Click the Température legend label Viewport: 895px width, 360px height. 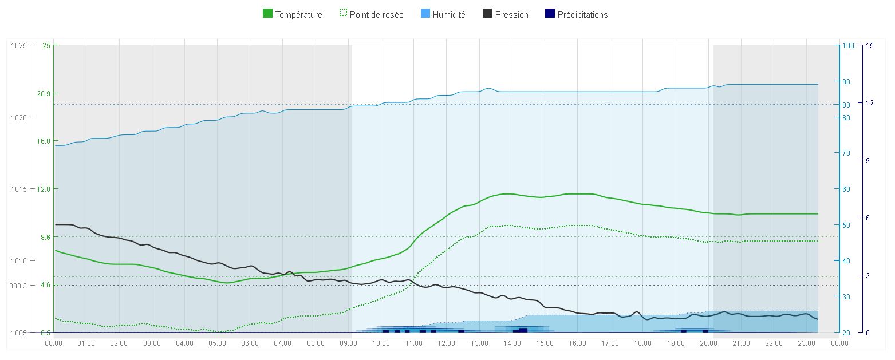click(x=298, y=15)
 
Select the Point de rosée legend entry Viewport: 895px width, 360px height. click(x=376, y=15)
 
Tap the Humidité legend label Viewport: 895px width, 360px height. click(x=449, y=15)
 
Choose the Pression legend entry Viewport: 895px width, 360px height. click(x=511, y=15)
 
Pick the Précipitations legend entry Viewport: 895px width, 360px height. click(x=582, y=15)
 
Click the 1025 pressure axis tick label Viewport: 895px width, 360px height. click(x=19, y=46)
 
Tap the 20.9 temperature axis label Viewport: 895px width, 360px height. click(x=44, y=93)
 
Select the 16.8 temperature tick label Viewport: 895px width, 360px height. click(x=44, y=141)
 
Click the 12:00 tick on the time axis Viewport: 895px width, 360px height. click(x=447, y=343)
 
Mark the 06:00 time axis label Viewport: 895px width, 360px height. click(x=250, y=343)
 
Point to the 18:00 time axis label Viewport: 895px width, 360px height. click(x=643, y=343)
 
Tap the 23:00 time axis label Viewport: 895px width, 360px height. click(x=807, y=343)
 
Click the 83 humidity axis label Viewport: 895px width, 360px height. click(x=846, y=105)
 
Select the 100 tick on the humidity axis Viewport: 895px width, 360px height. click(x=848, y=46)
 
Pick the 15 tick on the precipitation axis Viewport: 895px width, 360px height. click(x=870, y=46)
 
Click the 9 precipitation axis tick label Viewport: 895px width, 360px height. click(x=868, y=160)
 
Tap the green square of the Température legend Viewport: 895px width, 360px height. click(x=267, y=14)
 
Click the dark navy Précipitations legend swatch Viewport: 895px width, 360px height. click(x=550, y=14)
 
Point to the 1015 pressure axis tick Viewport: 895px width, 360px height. click(x=19, y=189)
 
